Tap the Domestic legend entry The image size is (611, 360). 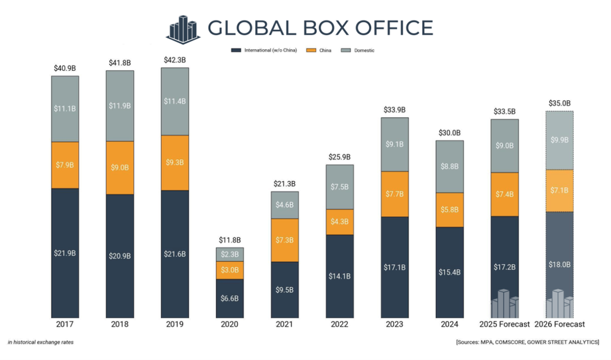[359, 50]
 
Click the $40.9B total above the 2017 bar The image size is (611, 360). [64, 68]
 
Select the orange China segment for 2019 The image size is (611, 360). [174, 162]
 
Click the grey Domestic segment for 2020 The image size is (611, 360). [230, 254]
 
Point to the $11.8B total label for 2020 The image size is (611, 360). [230, 240]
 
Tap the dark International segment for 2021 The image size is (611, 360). [285, 290]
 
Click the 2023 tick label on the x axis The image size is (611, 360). [394, 325]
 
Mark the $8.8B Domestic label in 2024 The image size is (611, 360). [449, 167]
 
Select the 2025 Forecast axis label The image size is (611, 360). [504, 325]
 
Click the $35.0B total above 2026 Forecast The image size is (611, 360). [559, 103]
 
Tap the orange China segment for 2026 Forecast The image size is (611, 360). [559, 191]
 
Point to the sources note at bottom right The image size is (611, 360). [527, 342]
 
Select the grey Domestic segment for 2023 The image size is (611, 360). [394, 145]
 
